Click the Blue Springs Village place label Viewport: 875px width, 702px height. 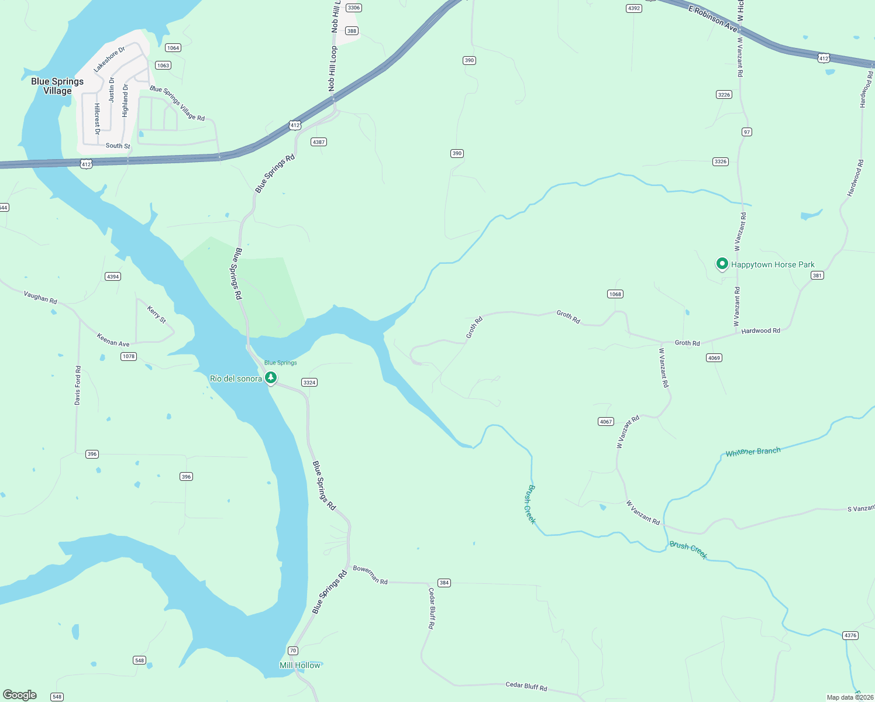pos(57,86)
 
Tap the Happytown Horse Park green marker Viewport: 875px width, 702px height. pos(722,264)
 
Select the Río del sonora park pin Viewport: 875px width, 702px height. pos(271,378)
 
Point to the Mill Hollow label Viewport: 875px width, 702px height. pos(300,665)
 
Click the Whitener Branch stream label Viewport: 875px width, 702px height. pos(753,452)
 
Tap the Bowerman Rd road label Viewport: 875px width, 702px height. pos(370,575)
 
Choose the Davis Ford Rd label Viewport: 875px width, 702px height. pos(78,386)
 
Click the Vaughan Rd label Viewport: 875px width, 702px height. pos(40,297)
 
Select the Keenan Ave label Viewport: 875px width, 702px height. pos(113,340)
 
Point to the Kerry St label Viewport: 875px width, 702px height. pos(157,314)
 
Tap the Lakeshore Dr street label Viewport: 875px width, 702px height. pos(109,60)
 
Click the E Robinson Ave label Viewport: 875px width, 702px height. pos(712,19)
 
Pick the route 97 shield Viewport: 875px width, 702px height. pos(746,132)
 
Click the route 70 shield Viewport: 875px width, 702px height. pos(293,651)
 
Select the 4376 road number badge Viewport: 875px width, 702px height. pos(850,635)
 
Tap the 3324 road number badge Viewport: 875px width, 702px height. pos(309,383)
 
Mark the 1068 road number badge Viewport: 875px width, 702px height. pos(615,294)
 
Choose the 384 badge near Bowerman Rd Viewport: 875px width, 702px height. pos(444,583)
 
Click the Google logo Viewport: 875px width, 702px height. pos(20,695)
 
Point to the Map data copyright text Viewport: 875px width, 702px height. pos(849,697)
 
